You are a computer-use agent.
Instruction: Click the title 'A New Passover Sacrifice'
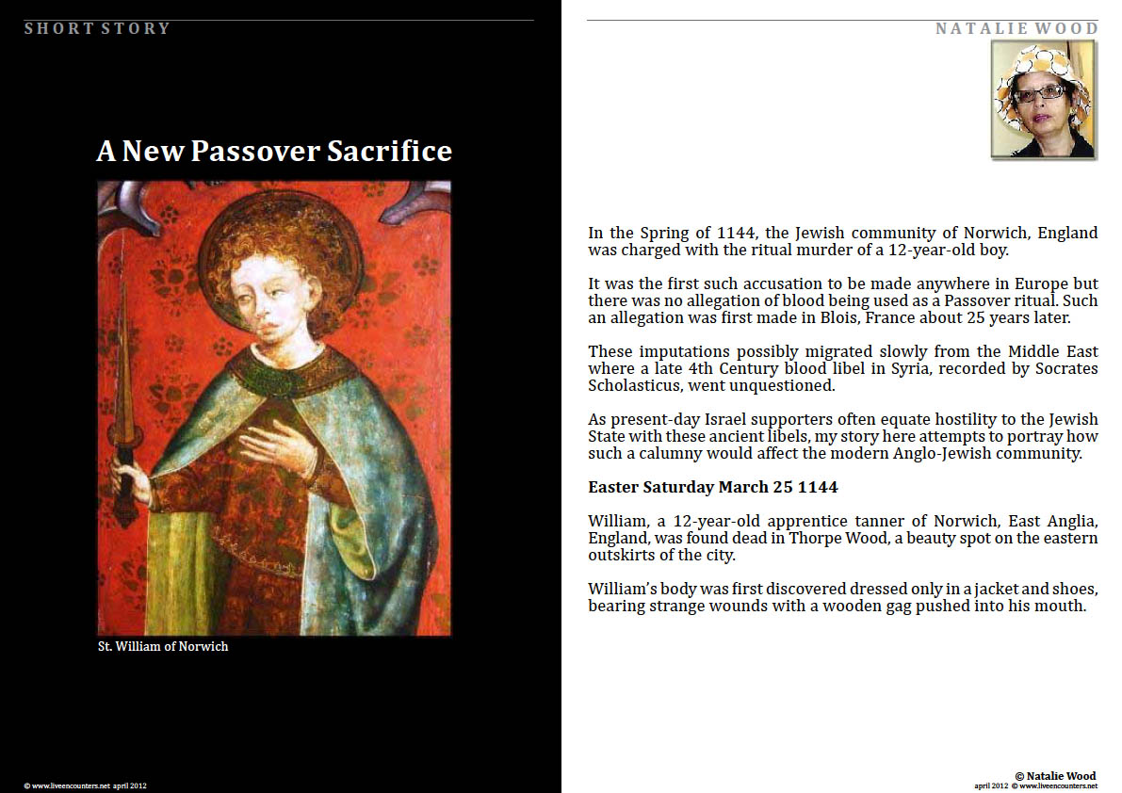pos(274,152)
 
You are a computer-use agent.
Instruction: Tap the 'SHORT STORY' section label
pos(97,28)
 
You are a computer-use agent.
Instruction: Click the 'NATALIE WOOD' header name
pos(1016,28)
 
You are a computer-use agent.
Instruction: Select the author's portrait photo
pos(1043,100)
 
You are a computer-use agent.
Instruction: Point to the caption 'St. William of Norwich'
pos(163,646)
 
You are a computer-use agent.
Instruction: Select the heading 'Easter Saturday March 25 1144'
pos(713,487)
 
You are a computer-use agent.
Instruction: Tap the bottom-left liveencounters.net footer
pos(85,785)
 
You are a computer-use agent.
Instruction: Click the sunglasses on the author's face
pos(1039,93)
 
